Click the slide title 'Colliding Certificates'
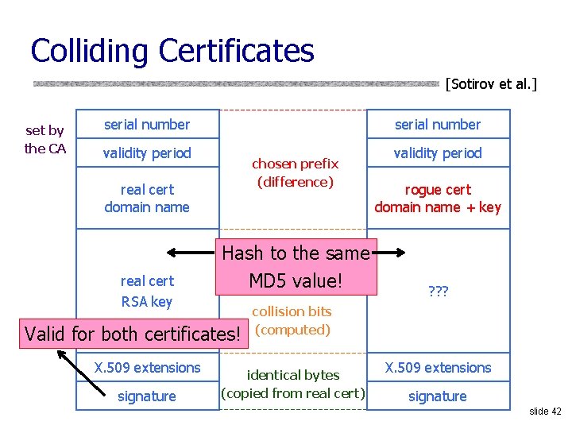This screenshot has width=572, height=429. click(172, 51)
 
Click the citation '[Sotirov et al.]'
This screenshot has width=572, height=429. click(491, 83)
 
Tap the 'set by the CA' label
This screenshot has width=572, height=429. click(44, 139)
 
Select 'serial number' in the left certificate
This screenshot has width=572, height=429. click(147, 125)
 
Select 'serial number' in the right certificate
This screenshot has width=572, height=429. click(438, 125)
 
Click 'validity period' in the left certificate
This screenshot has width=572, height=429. click(147, 153)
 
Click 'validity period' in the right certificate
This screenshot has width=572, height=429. click(438, 153)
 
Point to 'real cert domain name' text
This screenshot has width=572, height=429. click(147, 199)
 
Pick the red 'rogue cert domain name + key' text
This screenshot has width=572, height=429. click(438, 199)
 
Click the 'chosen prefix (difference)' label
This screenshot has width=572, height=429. click(295, 173)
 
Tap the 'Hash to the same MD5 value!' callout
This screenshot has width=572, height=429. click(296, 267)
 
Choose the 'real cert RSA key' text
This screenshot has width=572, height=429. click(147, 291)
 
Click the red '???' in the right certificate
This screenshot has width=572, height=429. click(438, 292)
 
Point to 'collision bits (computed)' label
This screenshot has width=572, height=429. click(292, 321)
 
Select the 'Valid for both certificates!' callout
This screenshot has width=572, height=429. click(133, 334)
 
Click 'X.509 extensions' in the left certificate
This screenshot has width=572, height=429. click(147, 368)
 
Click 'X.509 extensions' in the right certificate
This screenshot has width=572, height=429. click(438, 368)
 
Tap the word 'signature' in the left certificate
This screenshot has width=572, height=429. click(147, 396)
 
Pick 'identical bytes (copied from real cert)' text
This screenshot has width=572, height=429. click(293, 384)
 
